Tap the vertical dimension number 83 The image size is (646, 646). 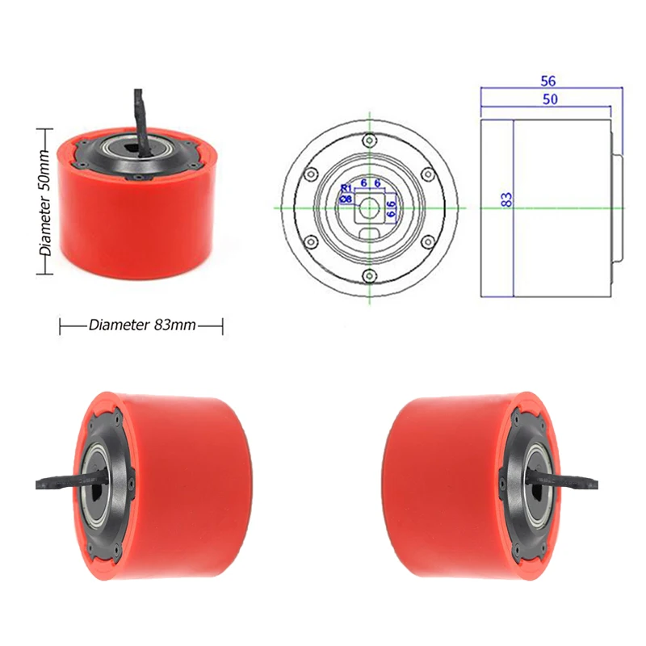[506, 199]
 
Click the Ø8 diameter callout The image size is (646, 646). [345, 197]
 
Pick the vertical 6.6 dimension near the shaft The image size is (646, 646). [391, 209]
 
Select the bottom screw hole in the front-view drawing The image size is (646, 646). [370, 276]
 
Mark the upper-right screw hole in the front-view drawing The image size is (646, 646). [428, 174]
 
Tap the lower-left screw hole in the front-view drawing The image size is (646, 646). [310, 241]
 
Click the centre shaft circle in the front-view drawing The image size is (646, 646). [370, 208]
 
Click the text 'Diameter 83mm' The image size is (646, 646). [142, 325]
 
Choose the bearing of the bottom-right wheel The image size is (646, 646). [536, 484]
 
